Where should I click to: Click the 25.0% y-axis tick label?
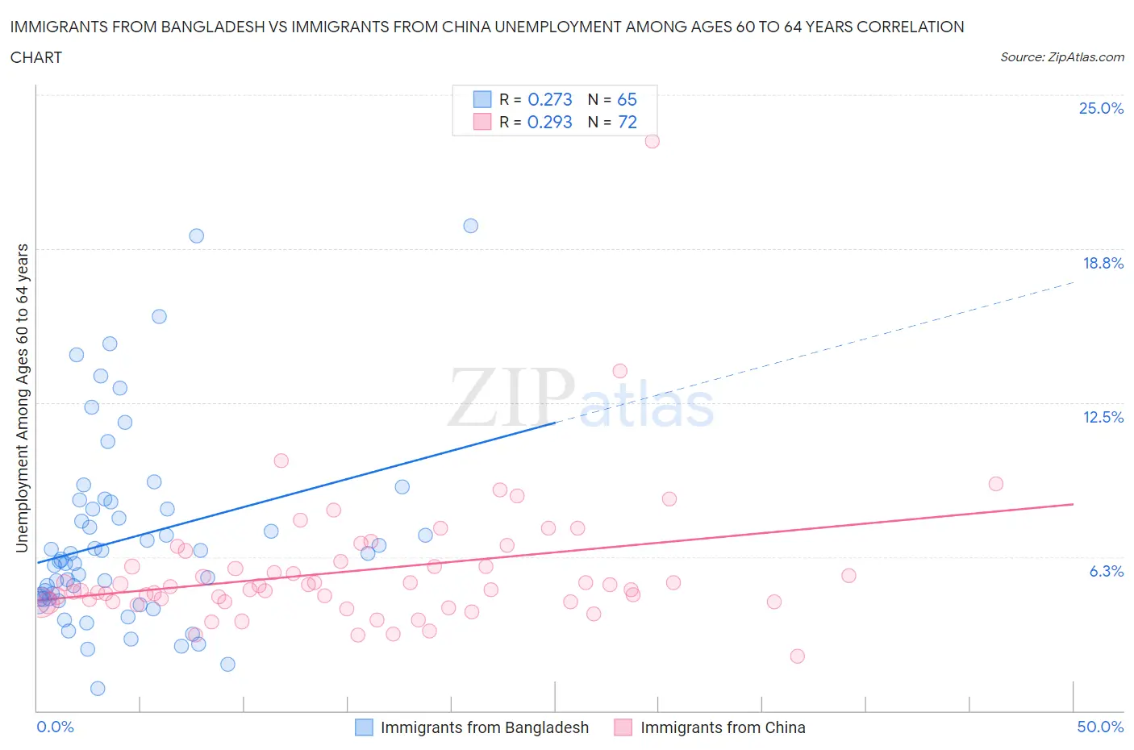pyautogui.click(x=1101, y=108)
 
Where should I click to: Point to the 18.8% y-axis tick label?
pyautogui.click(x=1103, y=263)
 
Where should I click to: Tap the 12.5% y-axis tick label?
pyautogui.click(x=1103, y=417)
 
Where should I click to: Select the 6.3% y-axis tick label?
pyautogui.click(x=1106, y=571)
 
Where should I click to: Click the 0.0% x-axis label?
pyautogui.click(x=55, y=727)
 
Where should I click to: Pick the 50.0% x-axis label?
pyautogui.click(x=1100, y=727)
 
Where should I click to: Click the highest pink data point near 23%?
pyautogui.click(x=652, y=141)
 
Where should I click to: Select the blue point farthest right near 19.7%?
pyautogui.click(x=470, y=226)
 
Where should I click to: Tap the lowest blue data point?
pyautogui.click(x=98, y=688)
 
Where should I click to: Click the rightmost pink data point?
pyautogui.click(x=995, y=484)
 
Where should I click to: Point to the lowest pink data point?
pyautogui.click(x=797, y=656)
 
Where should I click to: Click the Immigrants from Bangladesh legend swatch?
pyautogui.click(x=365, y=727)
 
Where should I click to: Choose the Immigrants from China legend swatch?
pyautogui.click(x=623, y=727)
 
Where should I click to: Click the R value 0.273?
pyautogui.click(x=549, y=99)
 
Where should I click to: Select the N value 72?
pyautogui.click(x=627, y=122)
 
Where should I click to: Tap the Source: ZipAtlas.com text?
pyautogui.click(x=1061, y=57)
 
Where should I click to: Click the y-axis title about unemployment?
pyautogui.click(x=23, y=398)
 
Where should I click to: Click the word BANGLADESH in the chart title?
pyautogui.click(x=206, y=27)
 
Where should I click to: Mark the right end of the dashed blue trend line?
pyautogui.click(x=1074, y=282)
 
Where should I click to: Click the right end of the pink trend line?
pyautogui.click(x=1074, y=503)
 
